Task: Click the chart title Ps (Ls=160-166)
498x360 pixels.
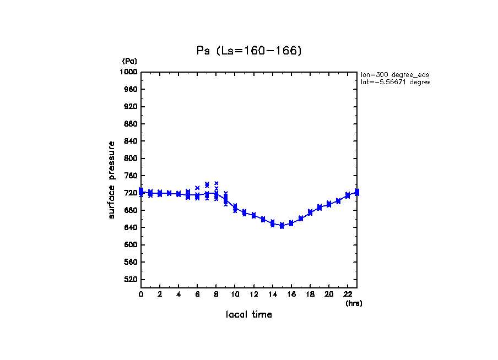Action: point(249,51)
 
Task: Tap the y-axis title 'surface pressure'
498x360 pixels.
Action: point(112,179)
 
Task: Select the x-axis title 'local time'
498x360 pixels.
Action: point(249,315)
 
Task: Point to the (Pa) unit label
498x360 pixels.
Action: point(129,61)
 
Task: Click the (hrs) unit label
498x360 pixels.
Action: point(354,303)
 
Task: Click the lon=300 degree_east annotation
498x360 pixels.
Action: point(394,74)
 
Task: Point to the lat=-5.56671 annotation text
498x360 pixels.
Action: point(394,82)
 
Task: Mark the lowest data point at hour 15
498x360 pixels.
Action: point(282,226)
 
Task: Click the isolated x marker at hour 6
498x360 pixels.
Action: point(197,188)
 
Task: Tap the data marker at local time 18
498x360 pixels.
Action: point(310,212)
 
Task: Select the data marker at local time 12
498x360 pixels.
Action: point(253,215)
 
